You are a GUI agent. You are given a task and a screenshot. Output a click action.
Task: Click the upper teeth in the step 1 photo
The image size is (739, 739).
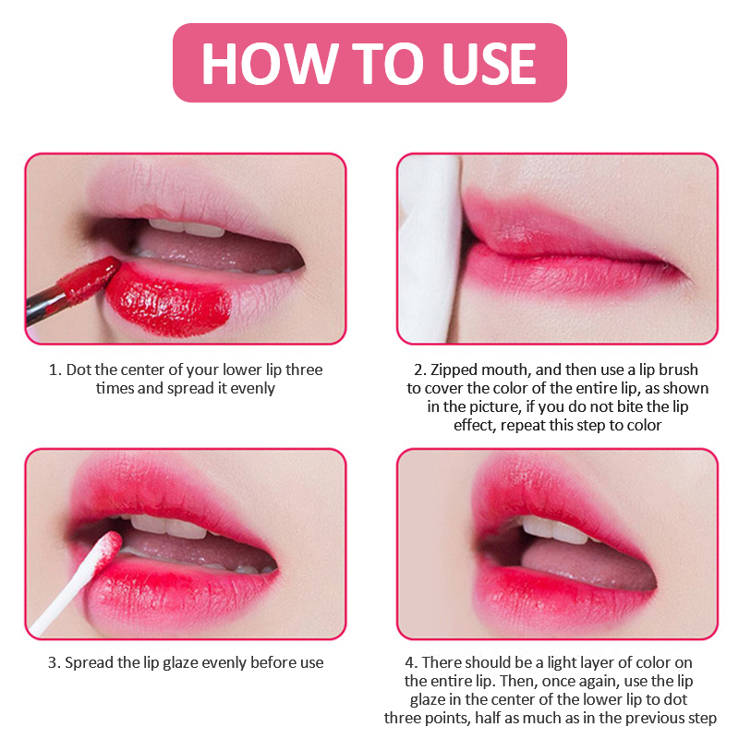point(188,228)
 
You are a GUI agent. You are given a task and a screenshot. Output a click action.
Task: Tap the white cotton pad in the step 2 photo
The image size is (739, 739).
point(430,248)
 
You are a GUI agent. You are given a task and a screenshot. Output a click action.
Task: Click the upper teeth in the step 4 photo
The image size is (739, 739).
point(555,529)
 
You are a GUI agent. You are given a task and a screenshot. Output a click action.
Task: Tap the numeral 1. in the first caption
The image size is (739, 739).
point(55,370)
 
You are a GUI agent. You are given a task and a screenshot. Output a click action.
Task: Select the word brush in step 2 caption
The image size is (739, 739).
point(678,369)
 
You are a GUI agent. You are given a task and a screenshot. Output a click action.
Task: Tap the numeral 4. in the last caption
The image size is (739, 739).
point(411,662)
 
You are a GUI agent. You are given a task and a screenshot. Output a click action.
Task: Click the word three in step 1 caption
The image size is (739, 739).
point(304,369)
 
